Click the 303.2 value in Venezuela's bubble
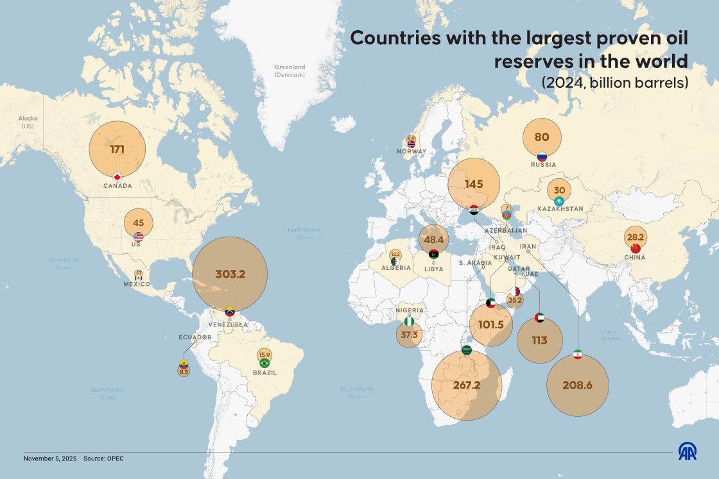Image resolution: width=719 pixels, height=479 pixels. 230,274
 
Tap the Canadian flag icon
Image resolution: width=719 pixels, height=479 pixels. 117,177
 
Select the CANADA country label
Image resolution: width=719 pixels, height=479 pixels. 117,186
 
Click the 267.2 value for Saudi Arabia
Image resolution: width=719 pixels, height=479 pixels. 467,385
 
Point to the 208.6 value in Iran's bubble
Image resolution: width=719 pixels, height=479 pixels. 577,385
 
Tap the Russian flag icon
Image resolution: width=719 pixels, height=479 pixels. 542,156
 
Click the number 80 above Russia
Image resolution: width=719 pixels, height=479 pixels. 542,137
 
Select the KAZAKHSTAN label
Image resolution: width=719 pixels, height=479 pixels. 560,209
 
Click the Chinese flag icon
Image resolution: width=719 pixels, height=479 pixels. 636,248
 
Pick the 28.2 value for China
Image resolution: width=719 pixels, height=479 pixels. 636,237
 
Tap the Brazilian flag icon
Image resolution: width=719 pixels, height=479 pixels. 264,364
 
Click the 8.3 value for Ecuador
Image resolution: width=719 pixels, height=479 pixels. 184,371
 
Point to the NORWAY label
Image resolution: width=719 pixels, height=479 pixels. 411,152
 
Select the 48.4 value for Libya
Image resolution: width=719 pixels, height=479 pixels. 435,240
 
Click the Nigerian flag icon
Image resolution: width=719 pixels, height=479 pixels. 409,321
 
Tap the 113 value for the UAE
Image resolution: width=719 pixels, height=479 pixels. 539,340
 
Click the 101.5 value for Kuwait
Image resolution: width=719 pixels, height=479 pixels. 491,324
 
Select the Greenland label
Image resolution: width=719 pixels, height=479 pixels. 290,67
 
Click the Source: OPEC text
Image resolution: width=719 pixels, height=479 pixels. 103,458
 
